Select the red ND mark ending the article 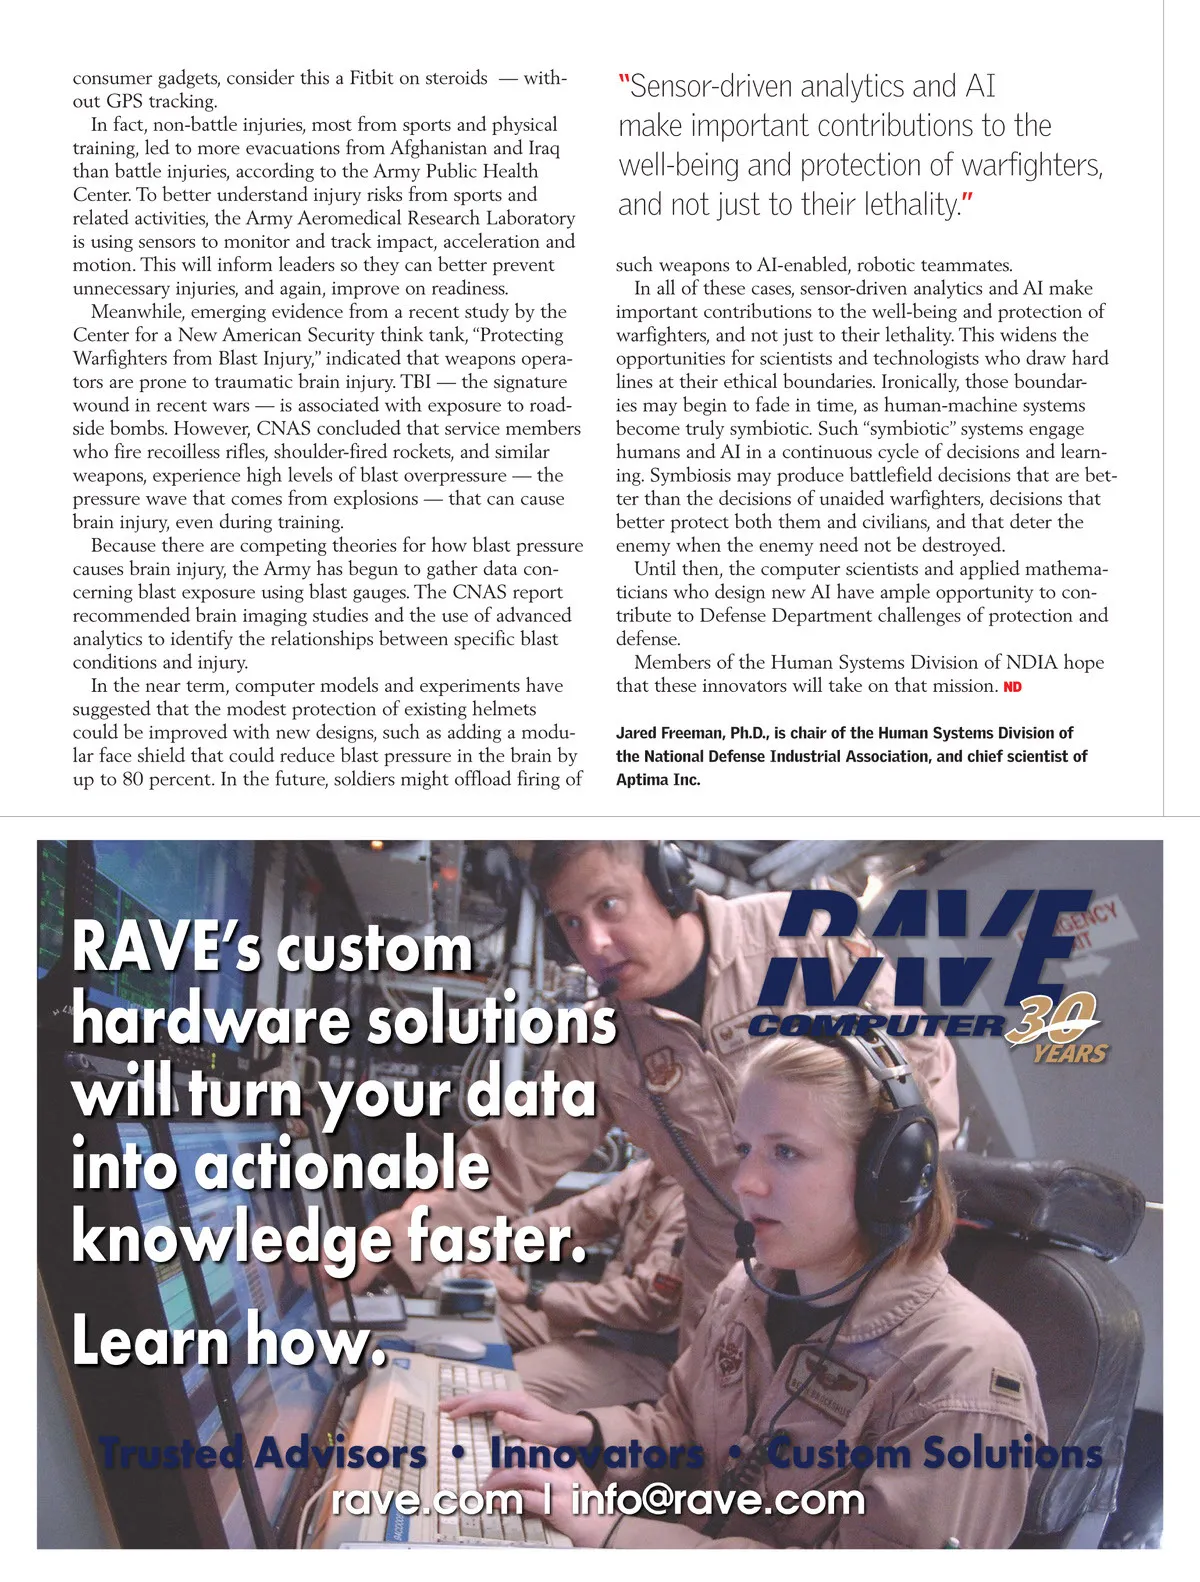1012,687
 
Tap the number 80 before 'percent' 133,779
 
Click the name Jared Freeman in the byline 669,733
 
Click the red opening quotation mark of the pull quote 624,86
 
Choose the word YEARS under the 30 1070,1054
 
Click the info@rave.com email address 717,1500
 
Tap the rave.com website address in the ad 427,1500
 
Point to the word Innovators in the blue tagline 597,1453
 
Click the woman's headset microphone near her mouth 744,1232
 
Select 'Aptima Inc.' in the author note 658,780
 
